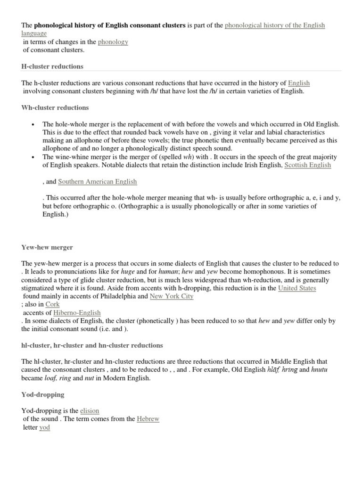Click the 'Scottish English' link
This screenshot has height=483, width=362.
point(308,165)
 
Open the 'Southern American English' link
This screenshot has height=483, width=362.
point(98,181)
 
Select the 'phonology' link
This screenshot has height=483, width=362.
point(113,42)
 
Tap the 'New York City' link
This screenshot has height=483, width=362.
point(172,296)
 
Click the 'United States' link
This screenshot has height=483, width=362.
point(297,288)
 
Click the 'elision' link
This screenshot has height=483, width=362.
point(90,411)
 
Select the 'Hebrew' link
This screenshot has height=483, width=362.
point(148,419)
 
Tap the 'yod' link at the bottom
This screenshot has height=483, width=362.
point(44,427)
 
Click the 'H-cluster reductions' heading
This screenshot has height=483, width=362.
point(52,67)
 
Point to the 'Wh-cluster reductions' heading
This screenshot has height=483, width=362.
point(55,108)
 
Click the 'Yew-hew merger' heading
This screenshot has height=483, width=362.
point(47,247)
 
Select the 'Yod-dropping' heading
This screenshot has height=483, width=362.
point(43,394)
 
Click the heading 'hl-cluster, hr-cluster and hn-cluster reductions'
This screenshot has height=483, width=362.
point(92,345)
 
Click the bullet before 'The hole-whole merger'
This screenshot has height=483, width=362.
point(33,125)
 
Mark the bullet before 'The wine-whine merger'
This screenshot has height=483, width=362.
point(33,157)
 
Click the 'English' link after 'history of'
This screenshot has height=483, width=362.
point(299,83)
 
